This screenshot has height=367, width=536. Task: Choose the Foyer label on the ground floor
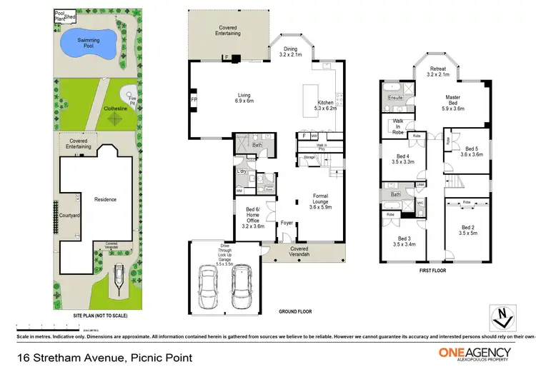(x=287, y=222)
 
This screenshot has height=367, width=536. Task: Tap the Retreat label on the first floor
(x=437, y=70)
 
